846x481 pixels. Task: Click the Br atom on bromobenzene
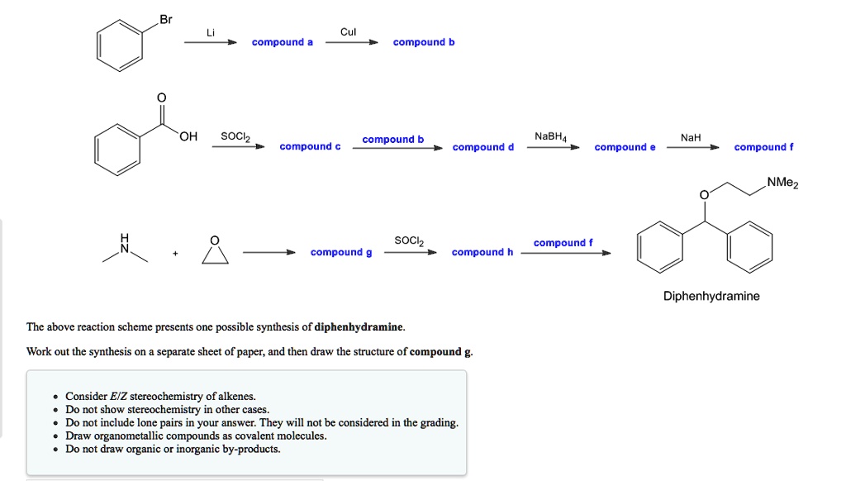[166, 20]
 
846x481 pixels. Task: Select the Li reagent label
[211, 32]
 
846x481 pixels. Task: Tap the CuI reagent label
[348, 32]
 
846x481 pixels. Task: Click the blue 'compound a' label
[283, 42]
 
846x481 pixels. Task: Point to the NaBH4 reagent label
[551, 136]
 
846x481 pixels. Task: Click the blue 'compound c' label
[310, 146]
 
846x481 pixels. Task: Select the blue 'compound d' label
[483, 147]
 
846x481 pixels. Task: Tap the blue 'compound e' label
[625, 147]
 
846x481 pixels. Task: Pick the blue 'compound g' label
[340, 252]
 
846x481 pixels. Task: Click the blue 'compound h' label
[482, 252]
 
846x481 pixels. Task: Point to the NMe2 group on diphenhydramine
[782, 183]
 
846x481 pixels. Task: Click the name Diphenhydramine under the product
[711, 296]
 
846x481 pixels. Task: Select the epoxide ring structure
[214, 250]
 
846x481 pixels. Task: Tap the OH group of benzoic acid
[188, 136]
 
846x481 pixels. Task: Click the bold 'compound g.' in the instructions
[442, 351]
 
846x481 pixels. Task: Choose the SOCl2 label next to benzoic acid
[235, 136]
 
